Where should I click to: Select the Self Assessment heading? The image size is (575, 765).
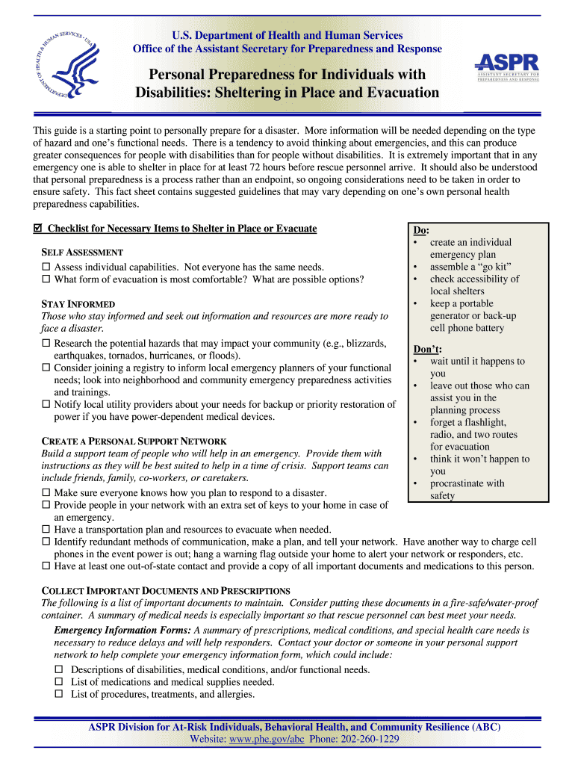pyautogui.click(x=81, y=253)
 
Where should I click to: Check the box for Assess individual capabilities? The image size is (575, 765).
pyautogui.click(x=46, y=267)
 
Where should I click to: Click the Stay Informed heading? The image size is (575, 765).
pyautogui.click(x=78, y=304)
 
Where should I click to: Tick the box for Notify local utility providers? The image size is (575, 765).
pyautogui.click(x=46, y=404)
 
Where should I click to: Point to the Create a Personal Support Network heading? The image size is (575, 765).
pyautogui.click(x=134, y=442)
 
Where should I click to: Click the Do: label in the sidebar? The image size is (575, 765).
pyautogui.click(x=421, y=231)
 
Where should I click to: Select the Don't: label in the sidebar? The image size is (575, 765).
pyautogui.click(x=427, y=349)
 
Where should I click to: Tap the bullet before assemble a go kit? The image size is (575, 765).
pyautogui.click(x=414, y=267)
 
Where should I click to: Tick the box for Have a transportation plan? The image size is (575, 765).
pyautogui.click(x=46, y=530)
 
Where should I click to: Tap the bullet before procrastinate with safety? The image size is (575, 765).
pyautogui.click(x=414, y=483)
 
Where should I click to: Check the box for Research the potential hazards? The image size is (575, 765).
pyautogui.click(x=46, y=344)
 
